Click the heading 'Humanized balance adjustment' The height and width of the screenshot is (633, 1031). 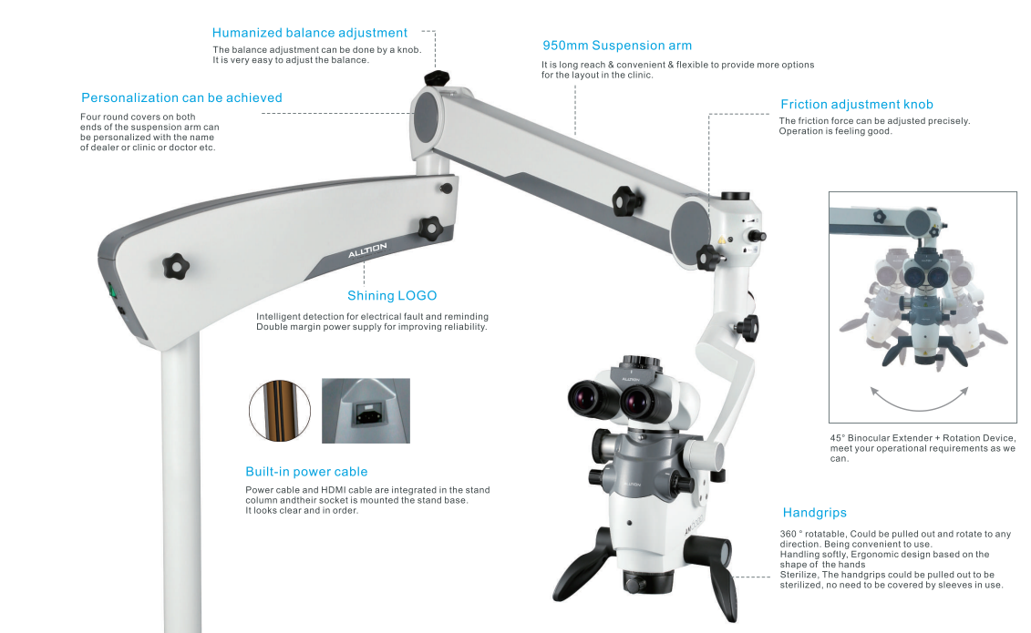click(x=309, y=33)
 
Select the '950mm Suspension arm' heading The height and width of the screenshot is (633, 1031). click(x=616, y=45)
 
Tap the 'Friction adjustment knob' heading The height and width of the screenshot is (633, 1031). click(x=856, y=104)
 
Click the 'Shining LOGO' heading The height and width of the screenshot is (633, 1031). click(x=391, y=295)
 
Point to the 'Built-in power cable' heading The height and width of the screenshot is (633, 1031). click(x=306, y=472)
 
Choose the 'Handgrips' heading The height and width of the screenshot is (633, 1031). click(x=815, y=513)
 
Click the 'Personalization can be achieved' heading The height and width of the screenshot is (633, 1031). click(x=181, y=97)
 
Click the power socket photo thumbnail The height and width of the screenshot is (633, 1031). click(x=366, y=411)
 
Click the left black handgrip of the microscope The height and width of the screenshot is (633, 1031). click(x=579, y=573)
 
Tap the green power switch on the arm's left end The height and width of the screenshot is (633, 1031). click(x=114, y=291)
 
